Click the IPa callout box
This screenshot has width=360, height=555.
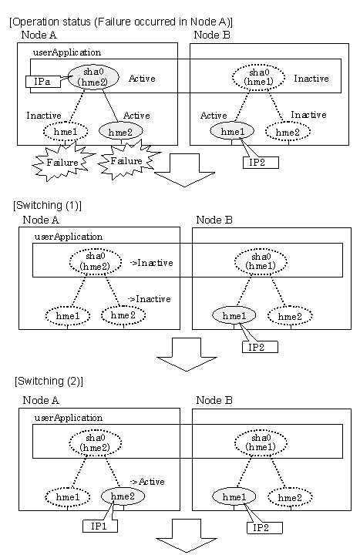click(43, 82)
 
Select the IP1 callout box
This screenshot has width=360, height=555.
click(99, 526)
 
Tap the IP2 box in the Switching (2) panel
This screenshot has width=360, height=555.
click(264, 528)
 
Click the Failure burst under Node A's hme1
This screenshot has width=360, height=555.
click(63, 162)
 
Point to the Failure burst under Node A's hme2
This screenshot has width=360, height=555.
click(126, 161)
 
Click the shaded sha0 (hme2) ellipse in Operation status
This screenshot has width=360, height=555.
click(93, 77)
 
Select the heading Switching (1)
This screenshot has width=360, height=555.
click(47, 205)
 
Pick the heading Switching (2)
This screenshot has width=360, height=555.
click(49, 382)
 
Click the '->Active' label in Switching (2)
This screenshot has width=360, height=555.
click(147, 482)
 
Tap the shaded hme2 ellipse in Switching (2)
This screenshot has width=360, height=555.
click(123, 496)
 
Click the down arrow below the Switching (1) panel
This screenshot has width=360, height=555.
click(187, 355)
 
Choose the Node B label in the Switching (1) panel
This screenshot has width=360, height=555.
click(214, 220)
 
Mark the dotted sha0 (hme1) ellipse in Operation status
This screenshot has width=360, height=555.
click(258, 77)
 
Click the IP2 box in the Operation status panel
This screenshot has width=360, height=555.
click(261, 163)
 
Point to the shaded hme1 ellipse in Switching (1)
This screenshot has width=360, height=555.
click(234, 315)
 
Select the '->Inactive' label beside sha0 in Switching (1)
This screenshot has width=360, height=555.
click(152, 263)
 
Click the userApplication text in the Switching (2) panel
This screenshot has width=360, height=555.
click(69, 418)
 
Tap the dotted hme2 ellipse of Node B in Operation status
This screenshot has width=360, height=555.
click(288, 132)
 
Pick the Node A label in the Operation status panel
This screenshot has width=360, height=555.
click(39, 35)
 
